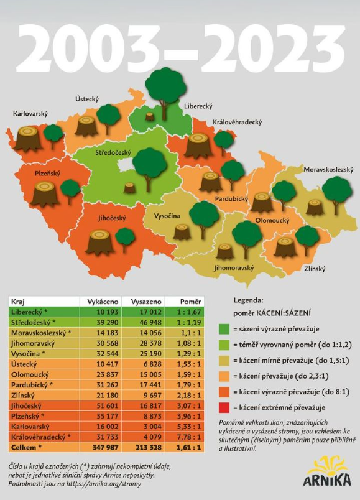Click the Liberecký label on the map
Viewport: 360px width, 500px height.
click(198, 106)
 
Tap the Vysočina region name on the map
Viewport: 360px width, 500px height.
click(167, 216)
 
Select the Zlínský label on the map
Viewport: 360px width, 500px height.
click(315, 269)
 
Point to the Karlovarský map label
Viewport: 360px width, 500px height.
click(30, 114)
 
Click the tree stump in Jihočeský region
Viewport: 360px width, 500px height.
click(100, 241)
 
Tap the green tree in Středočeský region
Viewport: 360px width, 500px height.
click(149, 170)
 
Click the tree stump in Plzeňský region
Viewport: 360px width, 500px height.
click(45, 193)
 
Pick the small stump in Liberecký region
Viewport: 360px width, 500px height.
click(150, 116)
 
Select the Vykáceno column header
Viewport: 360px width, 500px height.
click(103, 302)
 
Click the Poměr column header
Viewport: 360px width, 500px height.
click(191, 302)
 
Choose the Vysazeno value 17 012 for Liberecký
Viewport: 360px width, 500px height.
click(150, 312)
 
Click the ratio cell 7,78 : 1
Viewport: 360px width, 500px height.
click(189, 437)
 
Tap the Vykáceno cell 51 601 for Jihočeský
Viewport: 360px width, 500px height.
click(107, 405)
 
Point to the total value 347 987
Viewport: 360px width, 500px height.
click(106, 447)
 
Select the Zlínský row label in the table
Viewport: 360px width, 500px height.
click(22, 396)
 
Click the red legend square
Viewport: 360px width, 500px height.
click(224, 408)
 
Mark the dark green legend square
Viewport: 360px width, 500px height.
click(224, 329)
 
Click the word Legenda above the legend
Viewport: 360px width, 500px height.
click(249, 300)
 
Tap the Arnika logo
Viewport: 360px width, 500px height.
click(327, 471)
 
